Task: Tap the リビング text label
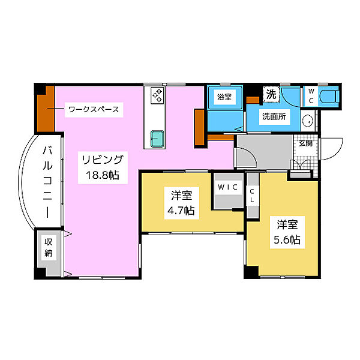tap(103, 160)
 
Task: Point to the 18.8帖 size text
tap(103, 177)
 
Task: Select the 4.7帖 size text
tap(181, 211)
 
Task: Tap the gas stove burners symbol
tap(157, 95)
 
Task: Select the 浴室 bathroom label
tap(226, 95)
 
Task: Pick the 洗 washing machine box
tap(271, 94)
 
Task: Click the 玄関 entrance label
tap(306, 143)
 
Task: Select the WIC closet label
tap(228, 187)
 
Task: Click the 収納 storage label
tap(49, 247)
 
